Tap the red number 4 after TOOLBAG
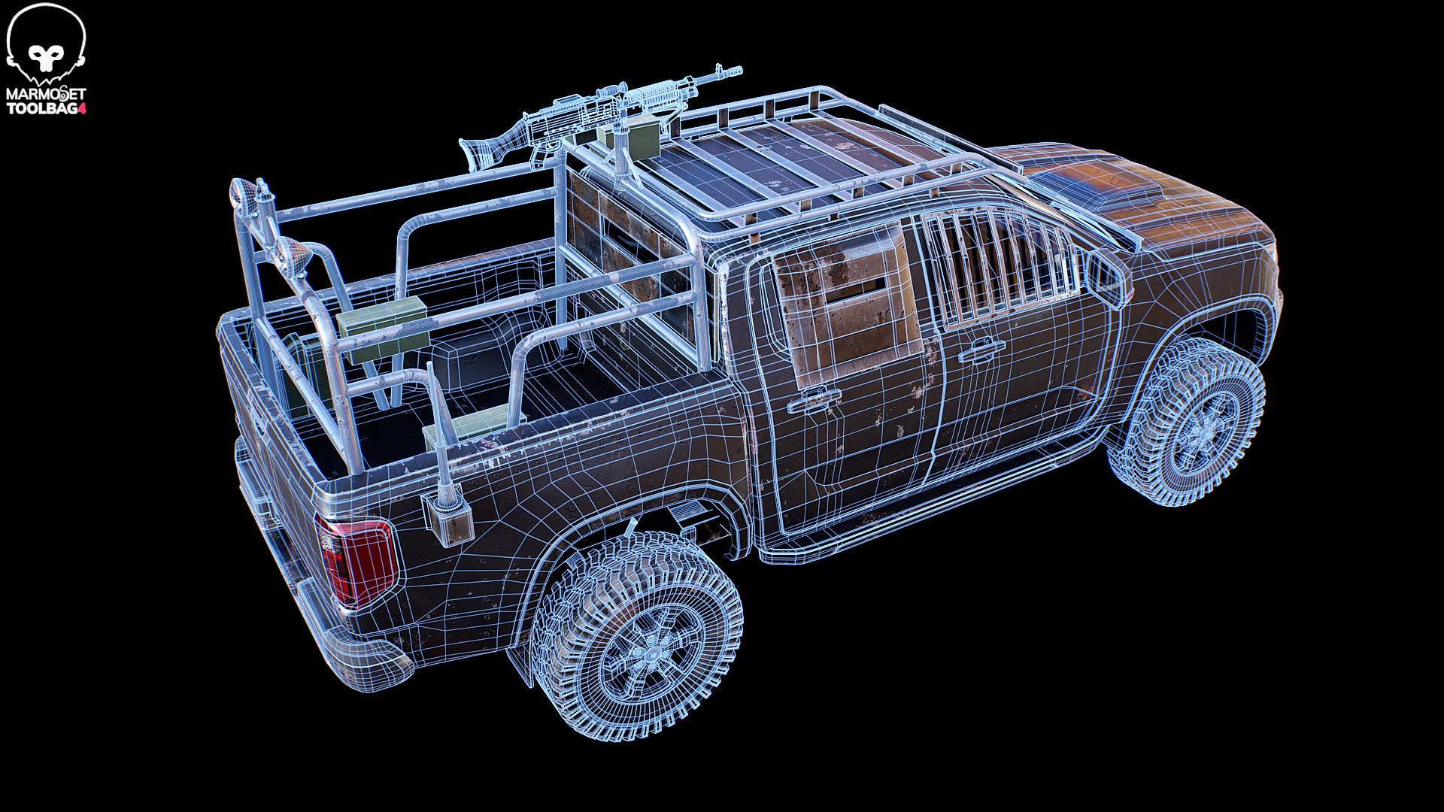tap(83, 109)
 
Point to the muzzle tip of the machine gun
tap(740, 69)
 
